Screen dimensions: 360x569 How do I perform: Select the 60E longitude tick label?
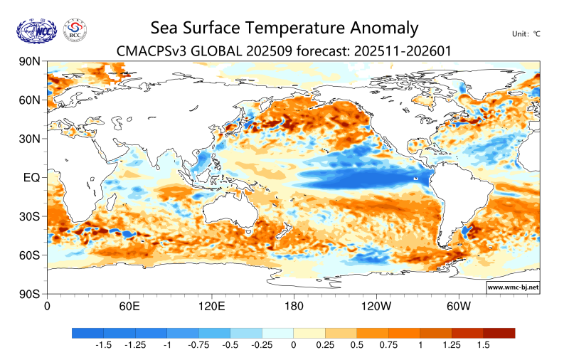pos(128,307)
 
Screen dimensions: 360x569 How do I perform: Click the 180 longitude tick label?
pos(294,307)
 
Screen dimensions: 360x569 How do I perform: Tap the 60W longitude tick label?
pos(459,307)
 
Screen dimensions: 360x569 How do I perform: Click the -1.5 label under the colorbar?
pos(104,345)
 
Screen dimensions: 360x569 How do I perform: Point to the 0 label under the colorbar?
pos(293,345)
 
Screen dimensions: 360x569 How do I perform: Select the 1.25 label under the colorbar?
pos(451,345)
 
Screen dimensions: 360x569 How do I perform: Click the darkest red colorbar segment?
pos(499,332)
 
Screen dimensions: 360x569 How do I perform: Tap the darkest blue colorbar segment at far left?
pos(87,332)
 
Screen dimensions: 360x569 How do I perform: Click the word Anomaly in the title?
pos(384,28)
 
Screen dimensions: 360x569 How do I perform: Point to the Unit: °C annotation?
pos(526,33)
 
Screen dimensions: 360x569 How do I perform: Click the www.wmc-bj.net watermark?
pos(512,287)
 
